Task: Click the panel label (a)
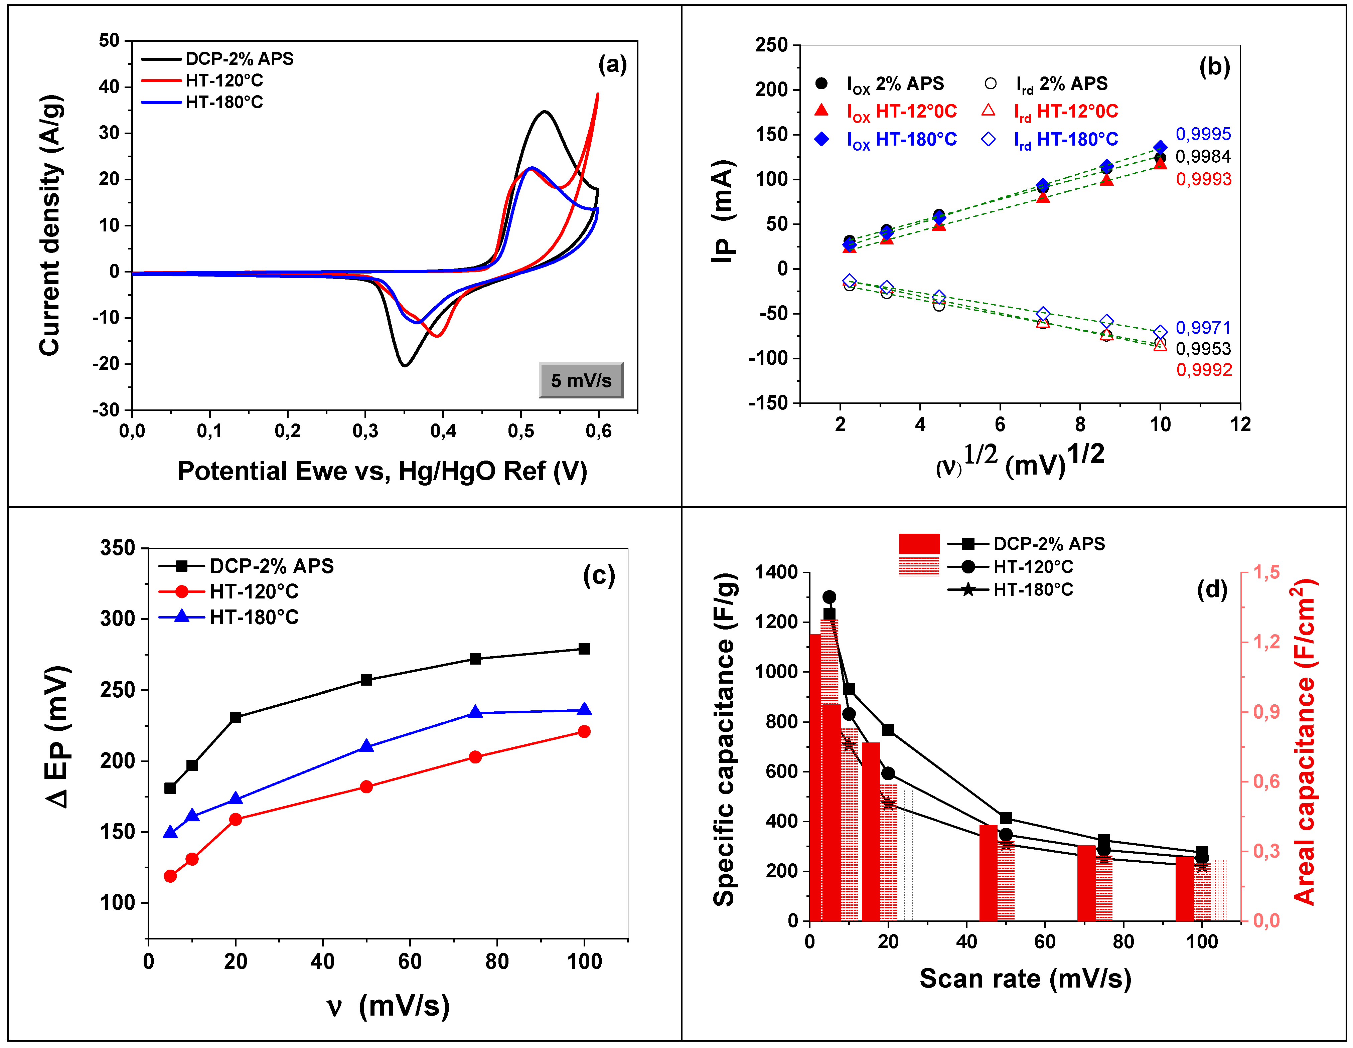pyautogui.click(x=612, y=64)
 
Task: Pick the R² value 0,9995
pyautogui.click(x=1203, y=134)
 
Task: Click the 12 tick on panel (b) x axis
pyautogui.click(x=1240, y=424)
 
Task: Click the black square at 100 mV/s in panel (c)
pyautogui.click(x=584, y=649)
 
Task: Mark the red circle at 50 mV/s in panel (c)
pyautogui.click(x=366, y=787)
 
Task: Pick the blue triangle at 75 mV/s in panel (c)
pyautogui.click(x=475, y=712)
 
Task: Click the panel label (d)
pyautogui.click(x=1212, y=589)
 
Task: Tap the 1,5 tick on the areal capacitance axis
pyautogui.click(x=1267, y=572)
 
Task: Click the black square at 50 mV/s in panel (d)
pyautogui.click(x=1006, y=818)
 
